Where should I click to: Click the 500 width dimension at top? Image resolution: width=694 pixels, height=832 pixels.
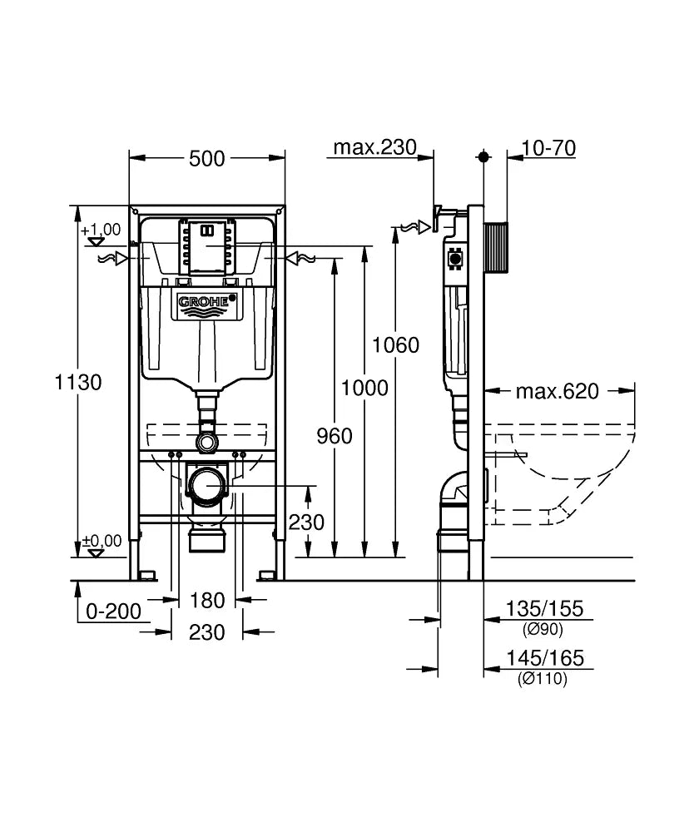click(206, 158)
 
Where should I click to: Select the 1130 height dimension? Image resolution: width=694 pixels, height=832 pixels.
click(77, 383)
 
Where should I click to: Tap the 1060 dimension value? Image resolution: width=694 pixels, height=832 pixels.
click(395, 344)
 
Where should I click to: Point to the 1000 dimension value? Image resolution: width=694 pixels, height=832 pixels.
click(364, 388)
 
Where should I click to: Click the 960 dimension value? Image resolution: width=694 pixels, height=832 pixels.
click(335, 436)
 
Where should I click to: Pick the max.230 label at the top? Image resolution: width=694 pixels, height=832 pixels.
click(374, 148)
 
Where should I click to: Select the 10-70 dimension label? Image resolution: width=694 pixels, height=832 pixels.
click(548, 148)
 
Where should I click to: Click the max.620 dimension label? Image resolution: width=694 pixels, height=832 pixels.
click(557, 391)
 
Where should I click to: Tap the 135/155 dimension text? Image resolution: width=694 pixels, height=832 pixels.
click(545, 609)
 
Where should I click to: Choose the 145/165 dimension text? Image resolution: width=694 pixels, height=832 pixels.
click(545, 659)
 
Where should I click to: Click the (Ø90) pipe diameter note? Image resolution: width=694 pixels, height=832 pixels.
click(543, 629)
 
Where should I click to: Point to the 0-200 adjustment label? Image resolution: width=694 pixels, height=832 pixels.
click(113, 612)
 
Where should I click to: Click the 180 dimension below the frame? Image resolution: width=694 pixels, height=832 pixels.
click(207, 599)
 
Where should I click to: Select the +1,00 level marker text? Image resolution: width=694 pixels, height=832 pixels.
click(101, 230)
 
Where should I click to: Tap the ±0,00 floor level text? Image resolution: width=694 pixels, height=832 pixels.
click(102, 541)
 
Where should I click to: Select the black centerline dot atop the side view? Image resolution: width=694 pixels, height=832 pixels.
click(484, 156)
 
